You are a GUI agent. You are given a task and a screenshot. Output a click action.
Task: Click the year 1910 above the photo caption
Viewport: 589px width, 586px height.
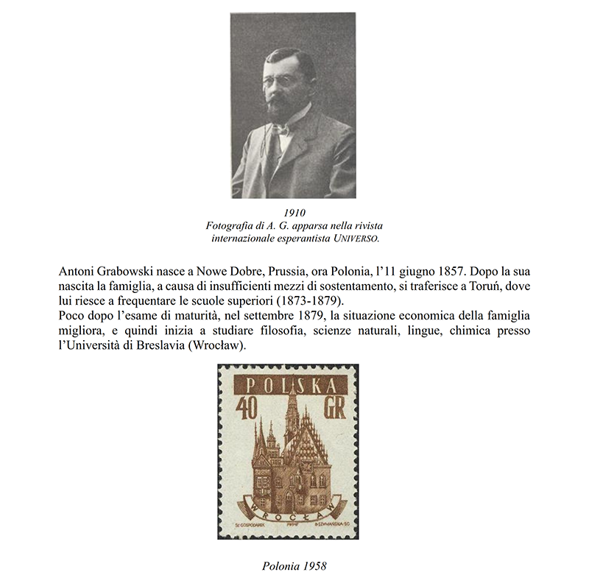[x=294, y=213]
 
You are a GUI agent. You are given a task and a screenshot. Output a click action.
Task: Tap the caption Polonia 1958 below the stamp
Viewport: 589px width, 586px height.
[x=294, y=566]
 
